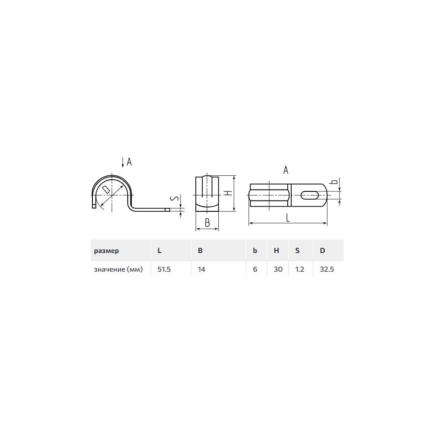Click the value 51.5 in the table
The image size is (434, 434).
coord(164,270)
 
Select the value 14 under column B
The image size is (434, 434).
coord(201,270)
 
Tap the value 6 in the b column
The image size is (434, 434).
coord(255,270)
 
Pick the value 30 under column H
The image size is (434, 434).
coord(278,270)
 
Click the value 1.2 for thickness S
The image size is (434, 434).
coord(299,270)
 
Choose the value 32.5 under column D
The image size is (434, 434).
coord(327,270)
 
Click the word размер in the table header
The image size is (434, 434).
coord(106,251)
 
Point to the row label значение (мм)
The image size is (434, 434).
coord(118,270)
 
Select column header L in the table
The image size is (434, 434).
coord(159,250)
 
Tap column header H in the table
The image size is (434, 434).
coord(276,250)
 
